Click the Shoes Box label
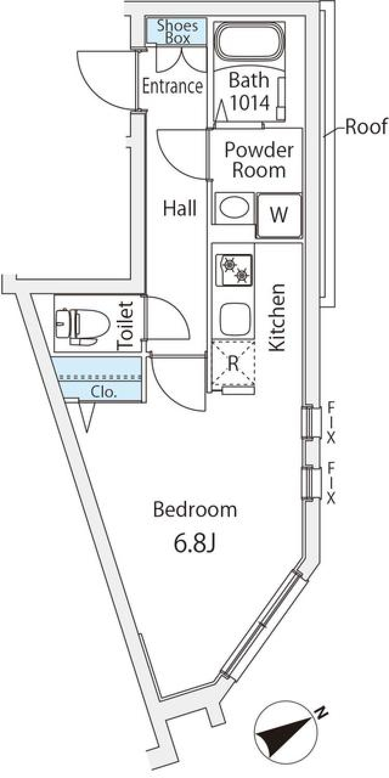(x=177, y=32)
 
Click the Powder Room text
(x=259, y=160)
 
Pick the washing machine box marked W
(x=279, y=215)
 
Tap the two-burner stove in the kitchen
(x=234, y=269)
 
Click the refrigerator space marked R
(x=233, y=363)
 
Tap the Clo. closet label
(x=104, y=392)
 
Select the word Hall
(x=180, y=208)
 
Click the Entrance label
(x=172, y=86)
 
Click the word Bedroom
(x=195, y=510)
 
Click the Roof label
(x=365, y=127)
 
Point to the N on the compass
(x=322, y=712)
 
